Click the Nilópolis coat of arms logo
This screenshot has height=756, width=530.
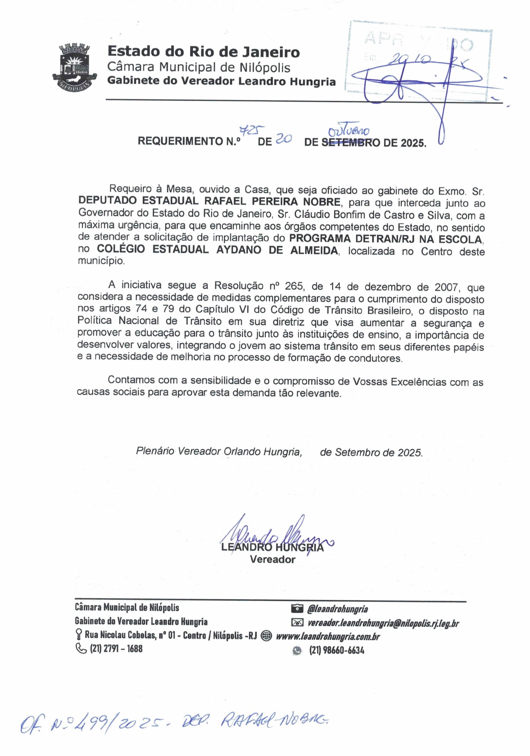pyautogui.click(x=74, y=68)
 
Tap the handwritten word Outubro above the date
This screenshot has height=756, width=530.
pyautogui.click(x=350, y=131)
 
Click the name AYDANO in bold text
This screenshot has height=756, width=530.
pyautogui.click(x=240, y=250)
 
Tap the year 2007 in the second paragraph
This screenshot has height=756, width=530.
pyautogui.click(x=446, y=287)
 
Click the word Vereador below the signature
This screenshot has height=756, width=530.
pyautogui.click(x=272, y=559)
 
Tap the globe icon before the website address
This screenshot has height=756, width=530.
pyautogui.click(x=266, y=636)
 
